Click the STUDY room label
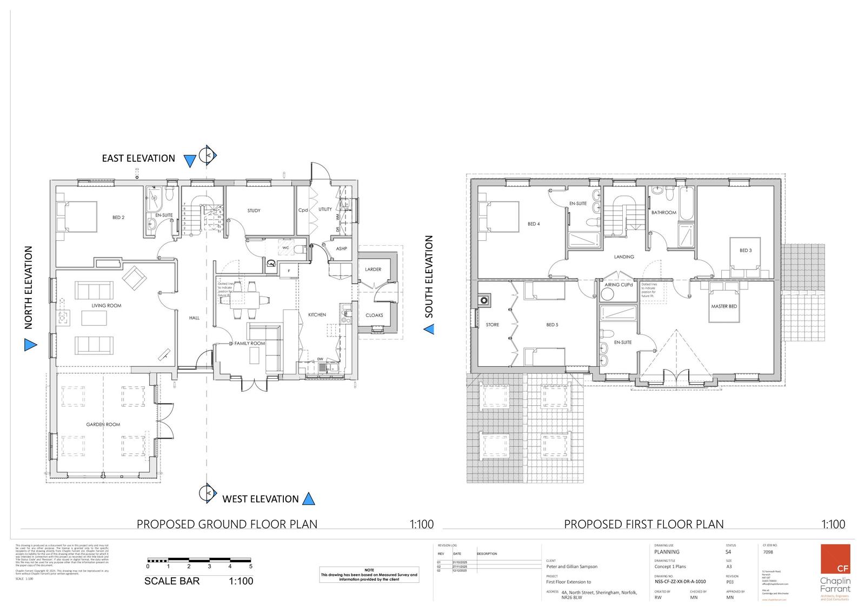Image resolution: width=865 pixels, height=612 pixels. [254, 210]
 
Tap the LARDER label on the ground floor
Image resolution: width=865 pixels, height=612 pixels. [373, 269]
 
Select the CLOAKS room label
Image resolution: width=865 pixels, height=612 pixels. [374, 315]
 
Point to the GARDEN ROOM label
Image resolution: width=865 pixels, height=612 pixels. [103, 424]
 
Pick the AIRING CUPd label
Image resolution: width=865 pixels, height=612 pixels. [618, 285]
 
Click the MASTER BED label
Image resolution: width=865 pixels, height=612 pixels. [724, 306]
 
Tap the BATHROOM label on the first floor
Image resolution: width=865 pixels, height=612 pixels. [663, 212]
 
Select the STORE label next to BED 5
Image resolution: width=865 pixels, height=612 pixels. [492, 325]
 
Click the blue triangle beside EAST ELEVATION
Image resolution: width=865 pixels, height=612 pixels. [189, 161]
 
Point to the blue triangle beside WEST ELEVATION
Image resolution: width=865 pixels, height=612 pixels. [308, 498]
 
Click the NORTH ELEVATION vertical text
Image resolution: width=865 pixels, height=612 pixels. [29, 287]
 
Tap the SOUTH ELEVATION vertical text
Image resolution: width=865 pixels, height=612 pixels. [429, 276]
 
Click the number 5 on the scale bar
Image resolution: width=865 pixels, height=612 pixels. [250, 566]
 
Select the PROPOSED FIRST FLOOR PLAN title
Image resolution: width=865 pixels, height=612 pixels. [643, 524]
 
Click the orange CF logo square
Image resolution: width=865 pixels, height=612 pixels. [835, 560]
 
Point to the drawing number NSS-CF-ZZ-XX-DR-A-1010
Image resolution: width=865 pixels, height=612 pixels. [680, 582]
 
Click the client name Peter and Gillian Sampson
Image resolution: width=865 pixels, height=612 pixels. [571, 567]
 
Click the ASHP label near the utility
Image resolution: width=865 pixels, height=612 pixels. [341, 248]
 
